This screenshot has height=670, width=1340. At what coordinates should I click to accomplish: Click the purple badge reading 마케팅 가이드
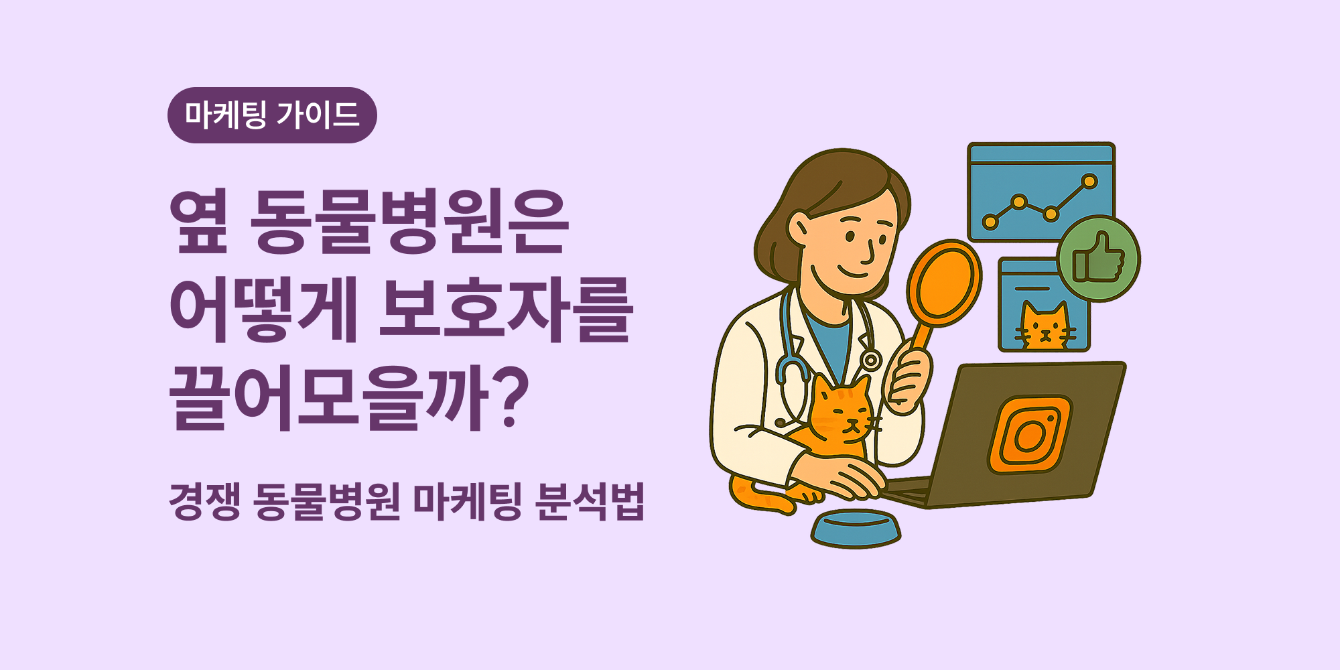coord(272,115)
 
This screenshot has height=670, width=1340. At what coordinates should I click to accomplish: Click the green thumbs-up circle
coord(1098,259)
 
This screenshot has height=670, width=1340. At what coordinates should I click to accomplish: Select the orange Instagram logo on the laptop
coord(1029,435)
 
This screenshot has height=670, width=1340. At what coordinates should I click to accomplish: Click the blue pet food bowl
coord(856,529)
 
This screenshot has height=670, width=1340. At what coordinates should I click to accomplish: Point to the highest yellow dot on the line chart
coord(1089,182)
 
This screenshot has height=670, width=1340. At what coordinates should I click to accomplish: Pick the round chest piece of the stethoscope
coord(870,360)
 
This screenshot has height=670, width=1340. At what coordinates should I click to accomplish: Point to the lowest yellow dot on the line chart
coord(990,222)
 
